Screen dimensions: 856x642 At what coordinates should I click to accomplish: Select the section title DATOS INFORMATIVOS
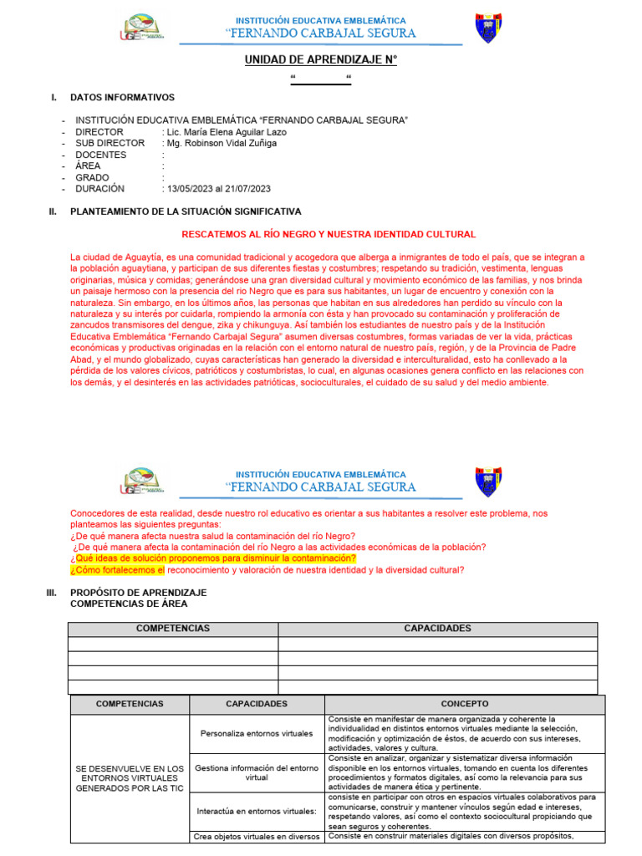click(122, 98)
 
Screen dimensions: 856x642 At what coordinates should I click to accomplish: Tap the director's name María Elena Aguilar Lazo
click(227, 132)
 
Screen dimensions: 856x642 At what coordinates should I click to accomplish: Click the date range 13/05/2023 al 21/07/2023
click(218, 189)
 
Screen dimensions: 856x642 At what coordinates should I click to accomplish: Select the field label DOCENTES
click(101, 155)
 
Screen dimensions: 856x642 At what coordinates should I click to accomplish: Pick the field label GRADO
click(93, 177)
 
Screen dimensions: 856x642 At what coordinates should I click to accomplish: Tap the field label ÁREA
click(89, 166)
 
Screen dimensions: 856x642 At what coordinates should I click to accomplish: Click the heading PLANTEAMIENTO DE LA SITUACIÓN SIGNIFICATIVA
click(186, 211)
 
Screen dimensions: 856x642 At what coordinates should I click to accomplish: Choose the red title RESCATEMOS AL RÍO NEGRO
click(329, 235)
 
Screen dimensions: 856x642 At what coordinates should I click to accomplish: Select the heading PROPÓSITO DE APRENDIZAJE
click(138, 592)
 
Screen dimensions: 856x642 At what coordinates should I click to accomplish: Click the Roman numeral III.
click(51, 592)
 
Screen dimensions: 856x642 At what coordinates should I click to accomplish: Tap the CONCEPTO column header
click(465, 704)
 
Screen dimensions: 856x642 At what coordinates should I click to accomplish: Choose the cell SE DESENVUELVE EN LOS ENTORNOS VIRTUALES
click(130, 777)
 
